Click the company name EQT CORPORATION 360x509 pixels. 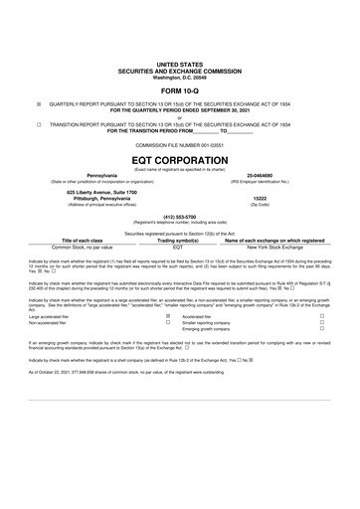[180, 157]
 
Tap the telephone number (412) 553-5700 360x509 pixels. [180, 215]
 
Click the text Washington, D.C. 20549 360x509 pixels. [180, 77]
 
